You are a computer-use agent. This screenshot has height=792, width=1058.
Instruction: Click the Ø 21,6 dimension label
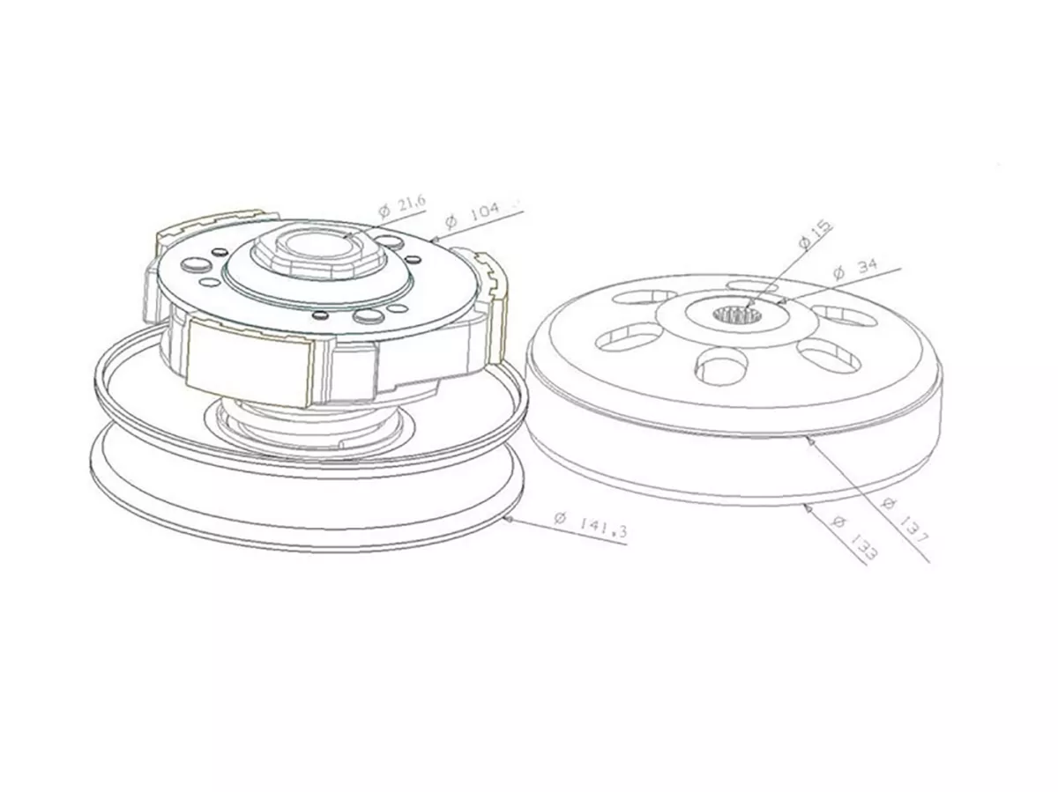pos(402,207)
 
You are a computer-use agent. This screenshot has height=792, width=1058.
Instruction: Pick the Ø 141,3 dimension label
pos(590,523)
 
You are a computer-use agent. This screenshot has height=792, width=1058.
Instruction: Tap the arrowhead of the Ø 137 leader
pos(811,440)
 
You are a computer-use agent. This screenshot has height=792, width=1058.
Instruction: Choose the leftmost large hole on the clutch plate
pos(193,265)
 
